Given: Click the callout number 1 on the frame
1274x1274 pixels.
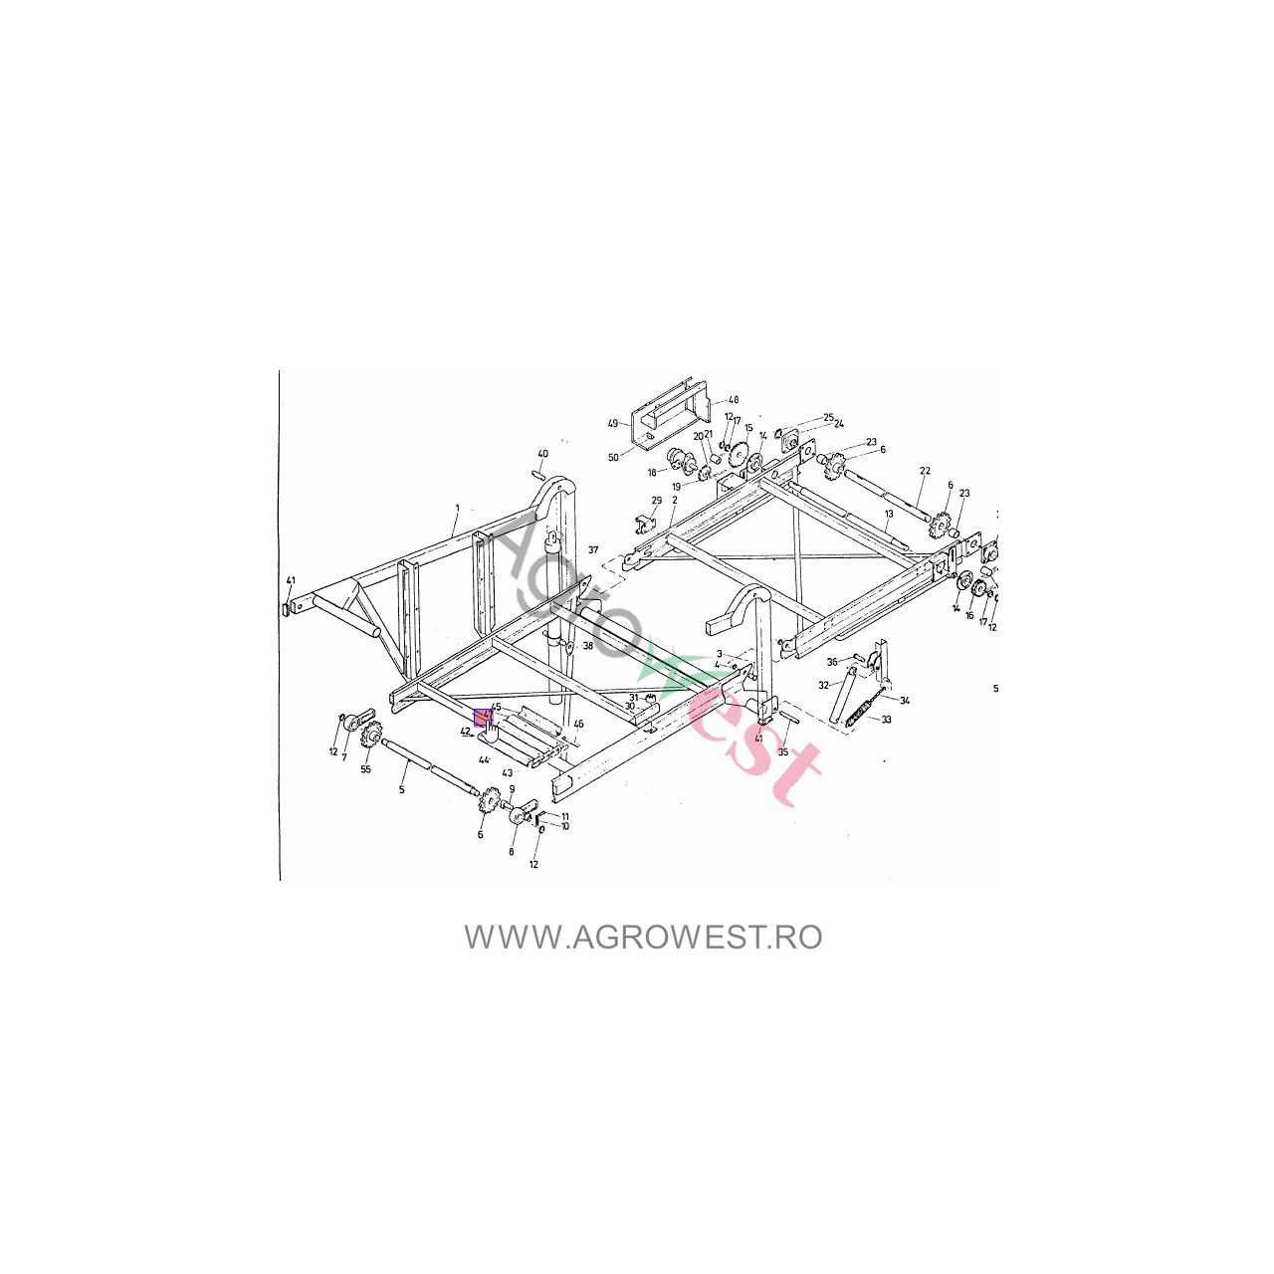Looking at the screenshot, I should point(457,508).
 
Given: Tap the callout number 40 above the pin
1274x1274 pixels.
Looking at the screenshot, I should point(542,454).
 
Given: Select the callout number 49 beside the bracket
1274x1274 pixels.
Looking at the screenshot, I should point(613,423).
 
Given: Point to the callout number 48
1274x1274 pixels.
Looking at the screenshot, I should point(734,400).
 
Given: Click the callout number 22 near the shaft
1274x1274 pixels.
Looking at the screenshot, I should point(925,471).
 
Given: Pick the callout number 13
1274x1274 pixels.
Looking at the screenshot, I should point(889,513).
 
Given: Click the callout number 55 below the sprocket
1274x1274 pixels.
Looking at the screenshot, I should point(365,769).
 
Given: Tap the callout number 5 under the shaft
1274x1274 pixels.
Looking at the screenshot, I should point(402,789).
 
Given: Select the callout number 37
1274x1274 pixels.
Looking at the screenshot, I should point(593,549).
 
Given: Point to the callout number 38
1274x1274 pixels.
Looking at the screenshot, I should point(588,646).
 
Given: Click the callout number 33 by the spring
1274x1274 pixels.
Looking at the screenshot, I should point(886,719).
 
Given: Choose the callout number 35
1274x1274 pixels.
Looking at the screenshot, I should point(783,752).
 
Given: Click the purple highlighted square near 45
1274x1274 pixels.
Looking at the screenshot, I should point(482,717).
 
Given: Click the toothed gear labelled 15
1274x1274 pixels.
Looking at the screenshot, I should point(738,456).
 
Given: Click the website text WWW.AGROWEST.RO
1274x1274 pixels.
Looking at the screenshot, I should point(643,937).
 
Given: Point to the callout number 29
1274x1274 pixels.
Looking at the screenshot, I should point(657,501).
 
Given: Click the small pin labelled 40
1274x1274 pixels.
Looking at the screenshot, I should point(538,475).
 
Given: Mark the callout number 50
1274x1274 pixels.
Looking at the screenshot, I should point(613,457).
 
